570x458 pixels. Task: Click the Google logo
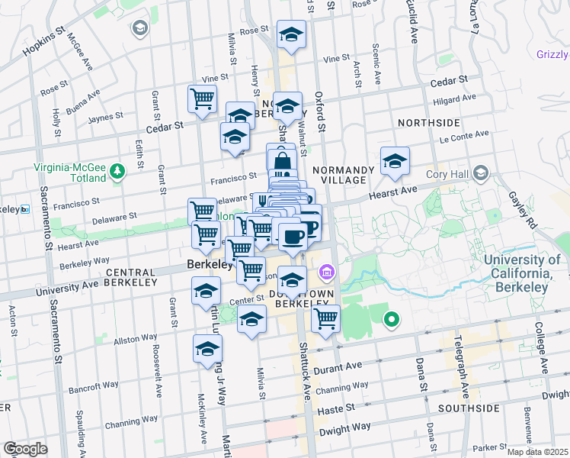pos(25,449)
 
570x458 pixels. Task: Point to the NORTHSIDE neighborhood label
pos(428,122)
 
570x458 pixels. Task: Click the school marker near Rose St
pos(290,34)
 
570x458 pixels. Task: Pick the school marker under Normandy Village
pos(395,160)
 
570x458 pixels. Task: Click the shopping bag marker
pos(282,161)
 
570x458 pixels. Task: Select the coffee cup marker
pos(292,235)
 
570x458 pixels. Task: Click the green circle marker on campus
pos(392,320)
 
